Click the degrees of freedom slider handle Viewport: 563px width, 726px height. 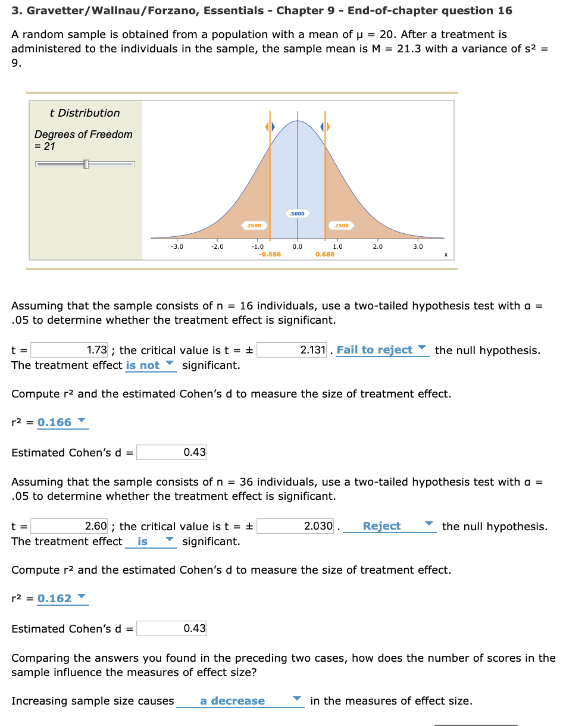(x=86, y=164)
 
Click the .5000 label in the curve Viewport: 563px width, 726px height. (x=297, y=213)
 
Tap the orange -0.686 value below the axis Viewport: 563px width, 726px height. (x=270, y=254)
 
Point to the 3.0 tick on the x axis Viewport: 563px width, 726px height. (x=418, y=246)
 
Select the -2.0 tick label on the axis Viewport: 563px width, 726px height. (x=217, y=246)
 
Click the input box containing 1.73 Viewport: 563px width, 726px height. (x=69, y=350)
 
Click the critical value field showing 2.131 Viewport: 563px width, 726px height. (x=292, y=350)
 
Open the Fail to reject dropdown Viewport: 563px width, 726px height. (x=381, y=350)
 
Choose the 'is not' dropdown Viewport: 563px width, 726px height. (x=151, y=365)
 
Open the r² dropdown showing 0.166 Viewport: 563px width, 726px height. (x=62, y=423)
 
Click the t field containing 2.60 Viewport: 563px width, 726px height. (x=69, y=526)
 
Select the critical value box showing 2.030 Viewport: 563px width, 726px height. (x=295, y=526)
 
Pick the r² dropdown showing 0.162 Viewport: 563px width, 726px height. (x=62, y=599)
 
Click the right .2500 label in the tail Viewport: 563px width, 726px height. (x=342, y=226)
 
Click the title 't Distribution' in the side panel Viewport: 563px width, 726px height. (x=85, y=113)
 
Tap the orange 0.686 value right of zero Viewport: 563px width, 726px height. (x=325, y=254)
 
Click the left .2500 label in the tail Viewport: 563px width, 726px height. (x=254, y=226)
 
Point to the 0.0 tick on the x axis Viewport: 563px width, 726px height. (x=298, y=246)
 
